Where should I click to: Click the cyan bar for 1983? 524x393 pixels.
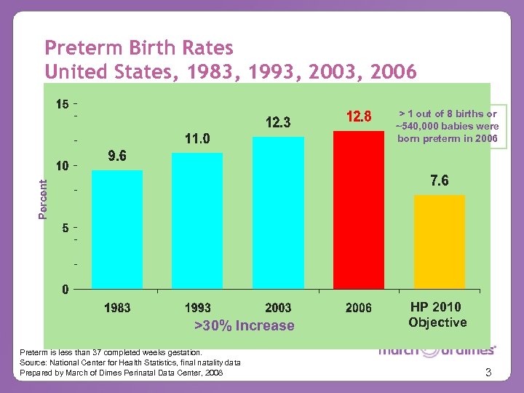click(117, 229)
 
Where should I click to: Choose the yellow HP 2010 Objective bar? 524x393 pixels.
click(439, 242)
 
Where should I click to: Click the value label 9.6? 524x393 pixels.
click(117, 156)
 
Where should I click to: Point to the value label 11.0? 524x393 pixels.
click(197, 138)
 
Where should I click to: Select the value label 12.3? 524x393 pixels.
click(278, 123)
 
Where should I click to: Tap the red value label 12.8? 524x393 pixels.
click(359, 116)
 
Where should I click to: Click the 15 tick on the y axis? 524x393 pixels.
click(63, 104)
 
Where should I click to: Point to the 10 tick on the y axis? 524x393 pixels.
click(63, 166)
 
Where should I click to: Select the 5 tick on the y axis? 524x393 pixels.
click(65, 228)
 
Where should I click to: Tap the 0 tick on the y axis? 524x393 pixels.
click(65, 290)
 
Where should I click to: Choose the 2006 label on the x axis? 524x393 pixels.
click(359, 308)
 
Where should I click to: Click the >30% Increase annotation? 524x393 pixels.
click(245, 325)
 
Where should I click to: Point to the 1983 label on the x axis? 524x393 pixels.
click(117, 308)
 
